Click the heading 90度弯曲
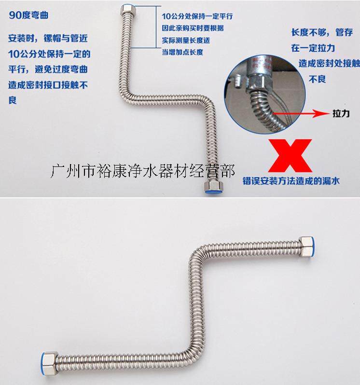[28, 15]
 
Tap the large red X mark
[290, 156]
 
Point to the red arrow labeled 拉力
[301, 113]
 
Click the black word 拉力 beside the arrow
[341, 114]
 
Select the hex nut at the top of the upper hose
[127, 10]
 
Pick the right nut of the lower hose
[307, 247]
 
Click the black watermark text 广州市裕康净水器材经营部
[142, 171]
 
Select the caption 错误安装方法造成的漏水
[291, 181]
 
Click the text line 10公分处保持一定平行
[197, 16]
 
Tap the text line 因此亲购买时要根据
[193, 28]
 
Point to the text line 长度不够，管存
[322, 32]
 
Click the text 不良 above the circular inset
[317, 79]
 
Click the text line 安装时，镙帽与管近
[48, 38]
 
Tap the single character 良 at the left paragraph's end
[13, 100]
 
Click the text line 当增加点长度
[182, 52]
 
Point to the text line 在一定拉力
[313, 48]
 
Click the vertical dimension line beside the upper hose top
[156, 27]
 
